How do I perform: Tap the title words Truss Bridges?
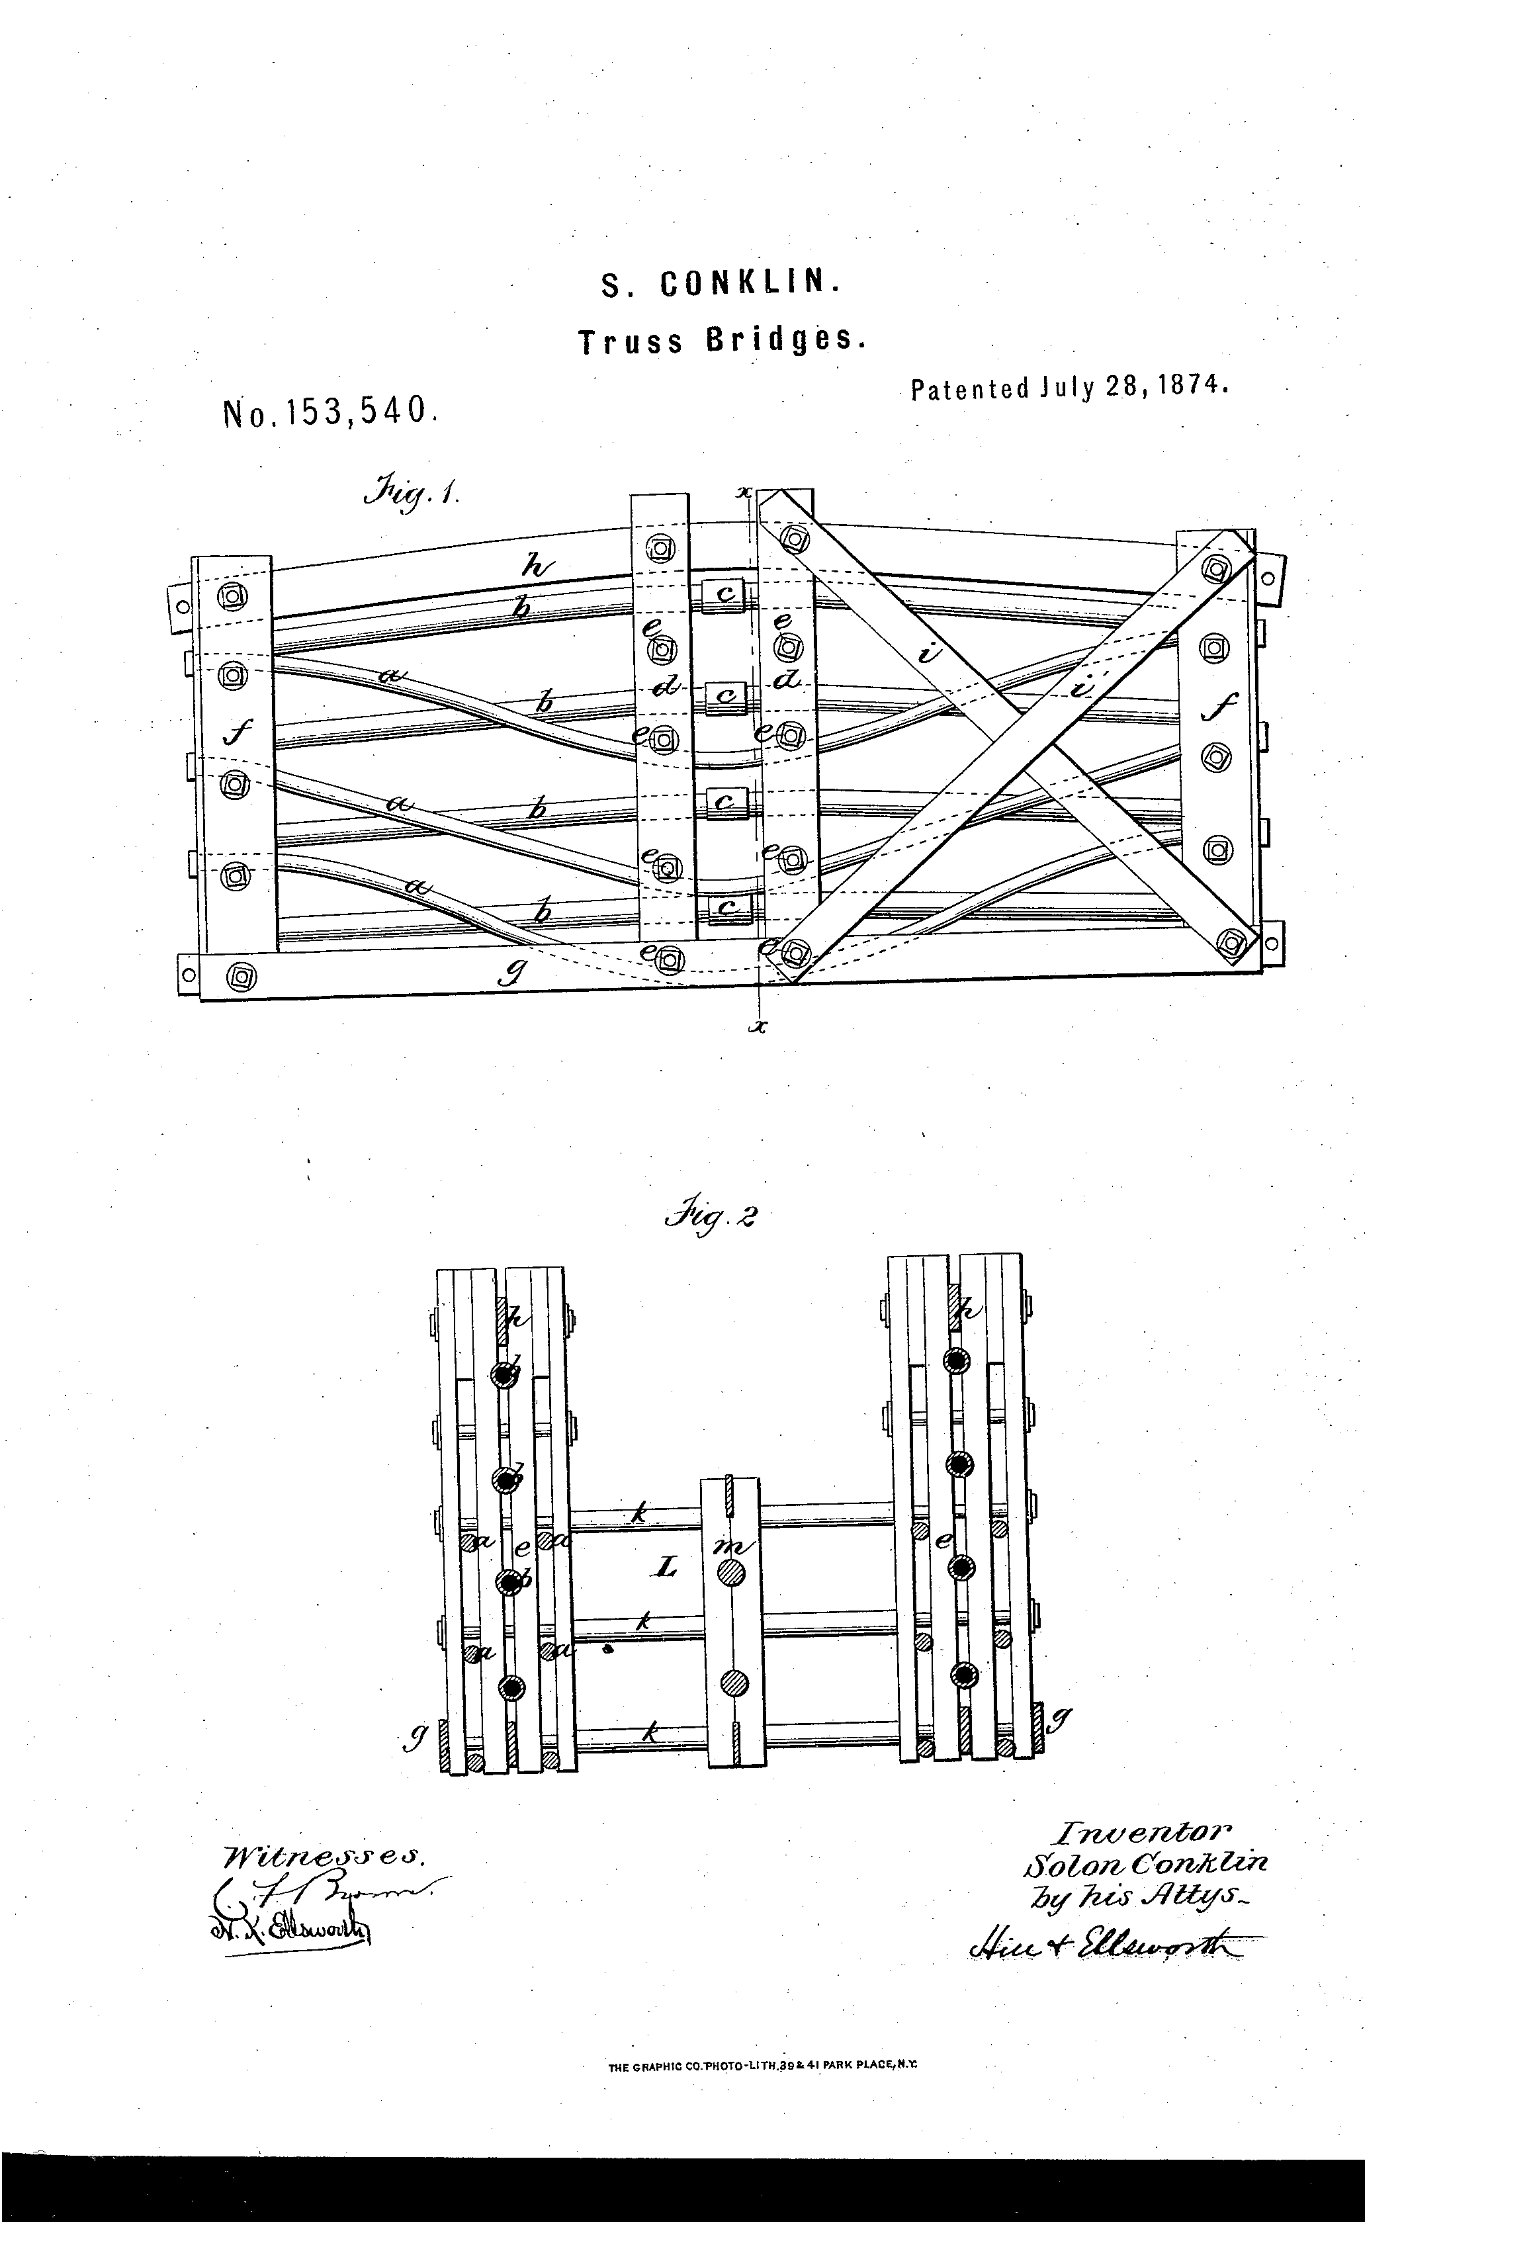(719, 341)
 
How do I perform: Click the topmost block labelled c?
(724, 594)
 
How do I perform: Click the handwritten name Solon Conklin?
(1143, 1863)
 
